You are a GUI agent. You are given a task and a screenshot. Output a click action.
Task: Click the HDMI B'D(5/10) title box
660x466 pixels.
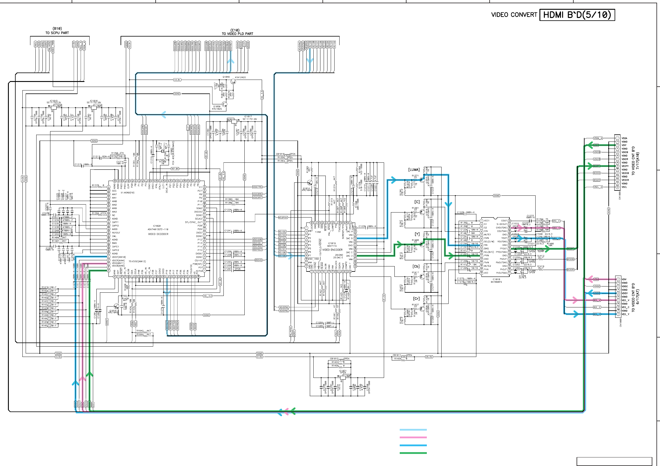[x=577, y=15]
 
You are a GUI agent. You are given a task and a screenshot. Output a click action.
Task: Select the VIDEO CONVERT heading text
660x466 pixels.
[x=514, y=15]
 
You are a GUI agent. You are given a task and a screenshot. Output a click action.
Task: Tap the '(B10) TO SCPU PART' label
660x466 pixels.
[x=57, y=31]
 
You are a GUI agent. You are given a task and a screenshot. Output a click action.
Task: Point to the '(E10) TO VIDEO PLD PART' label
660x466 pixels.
[x=237, y=32]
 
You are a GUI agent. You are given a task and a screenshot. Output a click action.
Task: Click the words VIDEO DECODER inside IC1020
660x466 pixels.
[x=158, y=234]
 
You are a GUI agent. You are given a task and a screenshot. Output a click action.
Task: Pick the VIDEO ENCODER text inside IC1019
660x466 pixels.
[x=332, y=250]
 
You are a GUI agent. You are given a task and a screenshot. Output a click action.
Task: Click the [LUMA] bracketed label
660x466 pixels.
[x=414, y=169]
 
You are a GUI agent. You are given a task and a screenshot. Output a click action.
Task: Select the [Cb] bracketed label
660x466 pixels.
[x=416, y=266]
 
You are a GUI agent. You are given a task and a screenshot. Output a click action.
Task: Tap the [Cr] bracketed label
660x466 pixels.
[x=416, y=299]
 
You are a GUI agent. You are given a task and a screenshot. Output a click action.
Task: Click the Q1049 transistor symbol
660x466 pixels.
[x=233, y=82]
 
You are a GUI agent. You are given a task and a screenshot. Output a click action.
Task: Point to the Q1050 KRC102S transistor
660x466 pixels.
[x=225, y=104]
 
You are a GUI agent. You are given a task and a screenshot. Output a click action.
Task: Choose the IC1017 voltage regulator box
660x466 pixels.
[x=234, y=121]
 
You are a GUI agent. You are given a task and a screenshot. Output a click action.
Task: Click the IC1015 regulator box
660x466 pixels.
[x=54, y=107]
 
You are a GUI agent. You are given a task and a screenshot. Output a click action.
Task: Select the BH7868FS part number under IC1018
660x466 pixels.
[x=496, y=282]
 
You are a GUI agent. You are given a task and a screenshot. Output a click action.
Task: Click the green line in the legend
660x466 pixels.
[x=413, y=453]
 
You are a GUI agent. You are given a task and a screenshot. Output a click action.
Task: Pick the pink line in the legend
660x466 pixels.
[x=413, y=437]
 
